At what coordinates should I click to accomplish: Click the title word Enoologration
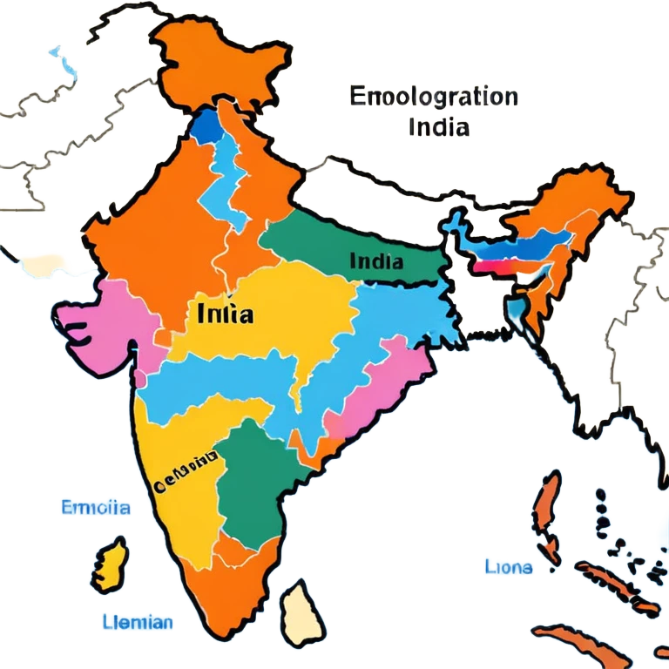click(x=434, y=97)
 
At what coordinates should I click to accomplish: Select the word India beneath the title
click(x=438, y=127)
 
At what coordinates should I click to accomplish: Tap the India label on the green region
click(x=375, y=260)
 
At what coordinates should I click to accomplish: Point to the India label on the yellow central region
click(x=226, y=314)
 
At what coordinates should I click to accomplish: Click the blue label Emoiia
click(x=95, y=507)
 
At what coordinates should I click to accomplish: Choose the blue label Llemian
click(x=136, y=622)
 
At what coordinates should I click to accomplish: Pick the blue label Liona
click(x=507, y=567)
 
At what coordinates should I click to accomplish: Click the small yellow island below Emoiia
click(x=111, y=564)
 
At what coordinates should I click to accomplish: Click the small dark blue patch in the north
click(x=206, y=127)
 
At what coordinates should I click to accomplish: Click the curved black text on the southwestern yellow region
click(x=185, y=470)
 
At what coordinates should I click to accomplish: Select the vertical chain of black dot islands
click(x=601, y=514)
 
